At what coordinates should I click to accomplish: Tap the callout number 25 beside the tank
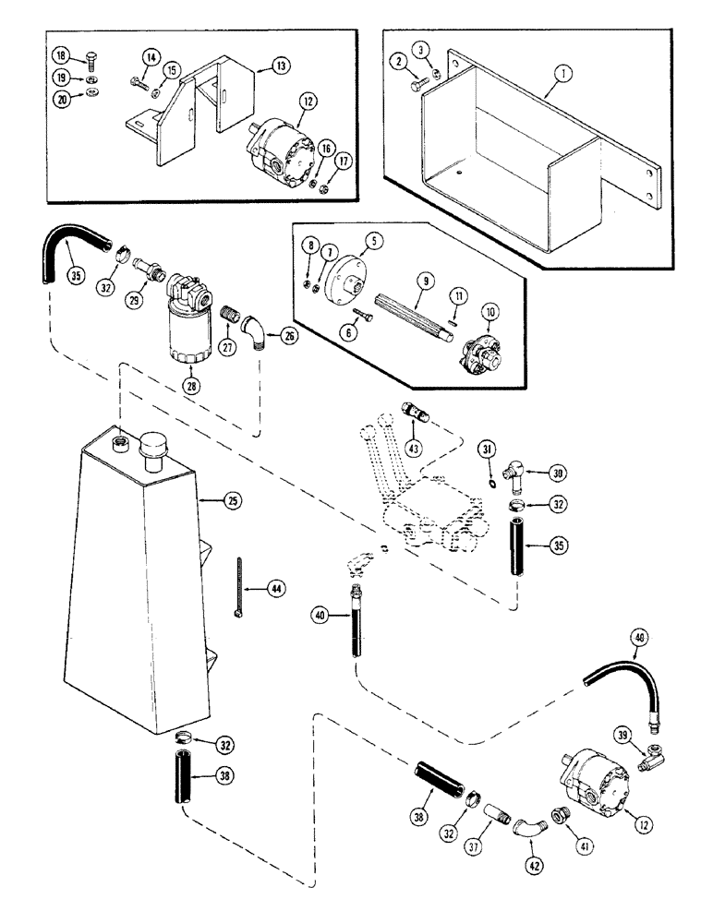click(232, 501)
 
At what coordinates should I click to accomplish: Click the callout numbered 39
click(622, 733)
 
